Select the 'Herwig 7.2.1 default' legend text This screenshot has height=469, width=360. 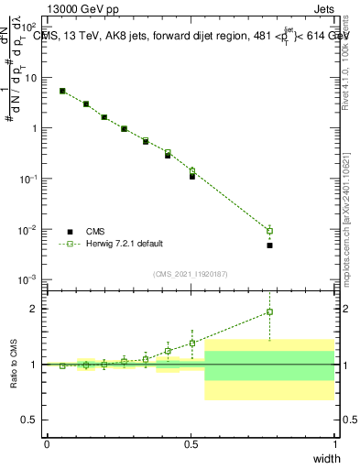(124, 244)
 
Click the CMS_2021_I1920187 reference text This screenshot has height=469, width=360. (190, 273)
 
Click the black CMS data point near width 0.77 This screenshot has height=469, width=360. (269, 245)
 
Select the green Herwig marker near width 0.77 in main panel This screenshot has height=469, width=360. (269, 231)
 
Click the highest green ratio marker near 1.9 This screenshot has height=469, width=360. (269, 312)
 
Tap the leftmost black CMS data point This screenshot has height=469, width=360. (62, 92)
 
